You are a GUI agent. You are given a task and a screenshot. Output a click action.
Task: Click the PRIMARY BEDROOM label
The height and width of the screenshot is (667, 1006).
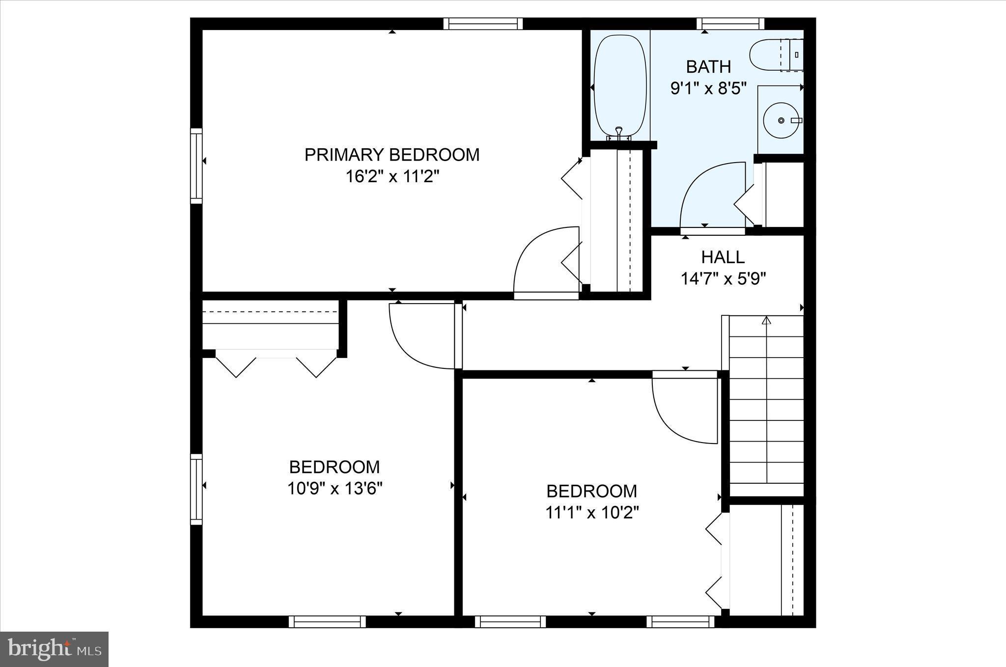(391, 155)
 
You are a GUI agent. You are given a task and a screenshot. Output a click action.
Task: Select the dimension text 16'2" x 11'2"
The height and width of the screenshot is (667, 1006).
(391, 176)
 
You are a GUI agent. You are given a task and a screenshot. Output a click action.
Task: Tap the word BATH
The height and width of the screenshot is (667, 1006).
(708, 66)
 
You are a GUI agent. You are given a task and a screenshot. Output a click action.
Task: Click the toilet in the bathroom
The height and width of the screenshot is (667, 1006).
(769, 56)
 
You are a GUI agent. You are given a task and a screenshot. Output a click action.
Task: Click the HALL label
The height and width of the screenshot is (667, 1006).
(723, 257)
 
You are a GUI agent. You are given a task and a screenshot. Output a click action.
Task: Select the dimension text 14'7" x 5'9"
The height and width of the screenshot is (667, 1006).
(723, 279)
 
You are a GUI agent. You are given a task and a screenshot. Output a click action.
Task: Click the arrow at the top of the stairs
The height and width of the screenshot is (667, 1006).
(766, 321)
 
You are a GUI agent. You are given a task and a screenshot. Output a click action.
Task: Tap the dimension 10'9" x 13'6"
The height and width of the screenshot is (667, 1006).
(335, 488)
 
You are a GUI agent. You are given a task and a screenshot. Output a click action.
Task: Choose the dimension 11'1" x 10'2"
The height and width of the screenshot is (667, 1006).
(591, 513)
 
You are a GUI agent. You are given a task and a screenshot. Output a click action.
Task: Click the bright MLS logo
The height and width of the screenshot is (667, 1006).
(54, 649)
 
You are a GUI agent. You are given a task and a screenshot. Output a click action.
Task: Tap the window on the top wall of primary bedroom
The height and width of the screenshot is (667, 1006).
(483, 24)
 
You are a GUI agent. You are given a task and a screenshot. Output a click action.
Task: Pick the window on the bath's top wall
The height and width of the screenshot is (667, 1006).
(730, 24)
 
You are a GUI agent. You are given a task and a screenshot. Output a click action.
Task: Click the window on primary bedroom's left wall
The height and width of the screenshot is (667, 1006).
(196, 166)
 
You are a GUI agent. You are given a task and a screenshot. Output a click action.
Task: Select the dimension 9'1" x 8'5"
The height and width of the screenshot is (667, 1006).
(708, 88)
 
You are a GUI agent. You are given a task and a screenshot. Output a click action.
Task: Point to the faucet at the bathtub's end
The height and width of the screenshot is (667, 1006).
(619, 132)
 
